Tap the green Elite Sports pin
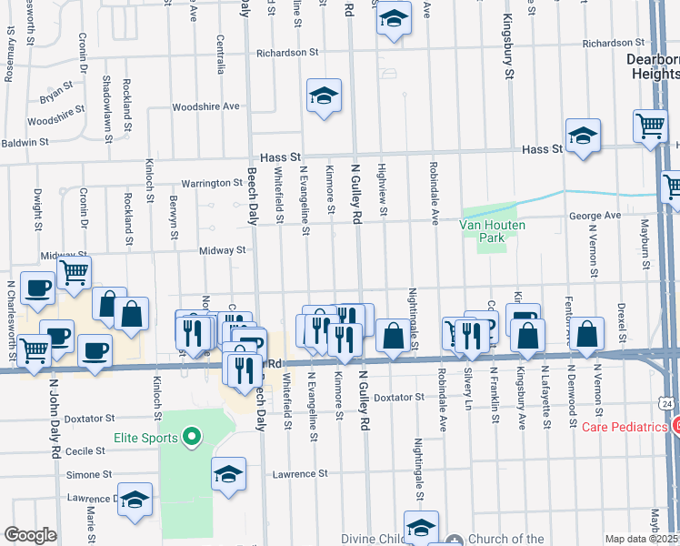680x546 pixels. tap(191, 438)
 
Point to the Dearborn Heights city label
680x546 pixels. tap(653, 68)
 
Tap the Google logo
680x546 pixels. tap(30, 535)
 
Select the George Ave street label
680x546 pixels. tap(595, 216)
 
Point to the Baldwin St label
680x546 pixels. tap(25, 142)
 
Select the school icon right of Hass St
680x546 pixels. tap(583, 136)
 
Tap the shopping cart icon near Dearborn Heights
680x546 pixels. tap(651, 126)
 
